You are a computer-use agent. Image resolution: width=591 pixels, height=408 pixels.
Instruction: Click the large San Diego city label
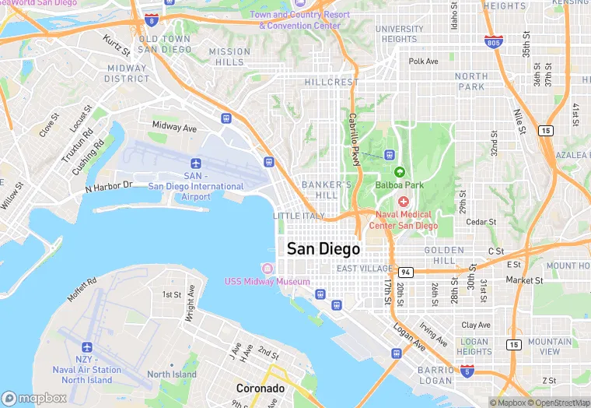point(323,249)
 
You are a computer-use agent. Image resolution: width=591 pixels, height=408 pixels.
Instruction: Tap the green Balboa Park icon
point(400,172)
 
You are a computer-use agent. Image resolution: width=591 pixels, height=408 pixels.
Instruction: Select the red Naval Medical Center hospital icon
point(404,202)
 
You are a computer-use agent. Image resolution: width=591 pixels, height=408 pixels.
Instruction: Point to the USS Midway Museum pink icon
point(268,269)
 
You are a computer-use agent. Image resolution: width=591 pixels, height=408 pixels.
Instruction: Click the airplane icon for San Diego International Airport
point(196,164)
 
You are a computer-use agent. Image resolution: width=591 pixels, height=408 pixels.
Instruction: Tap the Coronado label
point(261,388)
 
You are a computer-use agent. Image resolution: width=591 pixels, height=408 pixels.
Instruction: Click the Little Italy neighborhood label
point(299,216)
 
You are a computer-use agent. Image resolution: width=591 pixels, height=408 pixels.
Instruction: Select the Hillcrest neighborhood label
point(332,82)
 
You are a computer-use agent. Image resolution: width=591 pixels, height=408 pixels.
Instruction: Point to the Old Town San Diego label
point(165,44)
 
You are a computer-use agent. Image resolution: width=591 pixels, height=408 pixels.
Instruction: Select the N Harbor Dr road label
point(110,187)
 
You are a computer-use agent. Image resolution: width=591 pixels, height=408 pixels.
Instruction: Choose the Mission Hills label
point(230,57)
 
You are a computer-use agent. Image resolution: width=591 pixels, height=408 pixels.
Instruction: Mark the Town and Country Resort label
point(299,19)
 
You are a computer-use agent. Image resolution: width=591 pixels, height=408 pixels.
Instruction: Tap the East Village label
point(364,269)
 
